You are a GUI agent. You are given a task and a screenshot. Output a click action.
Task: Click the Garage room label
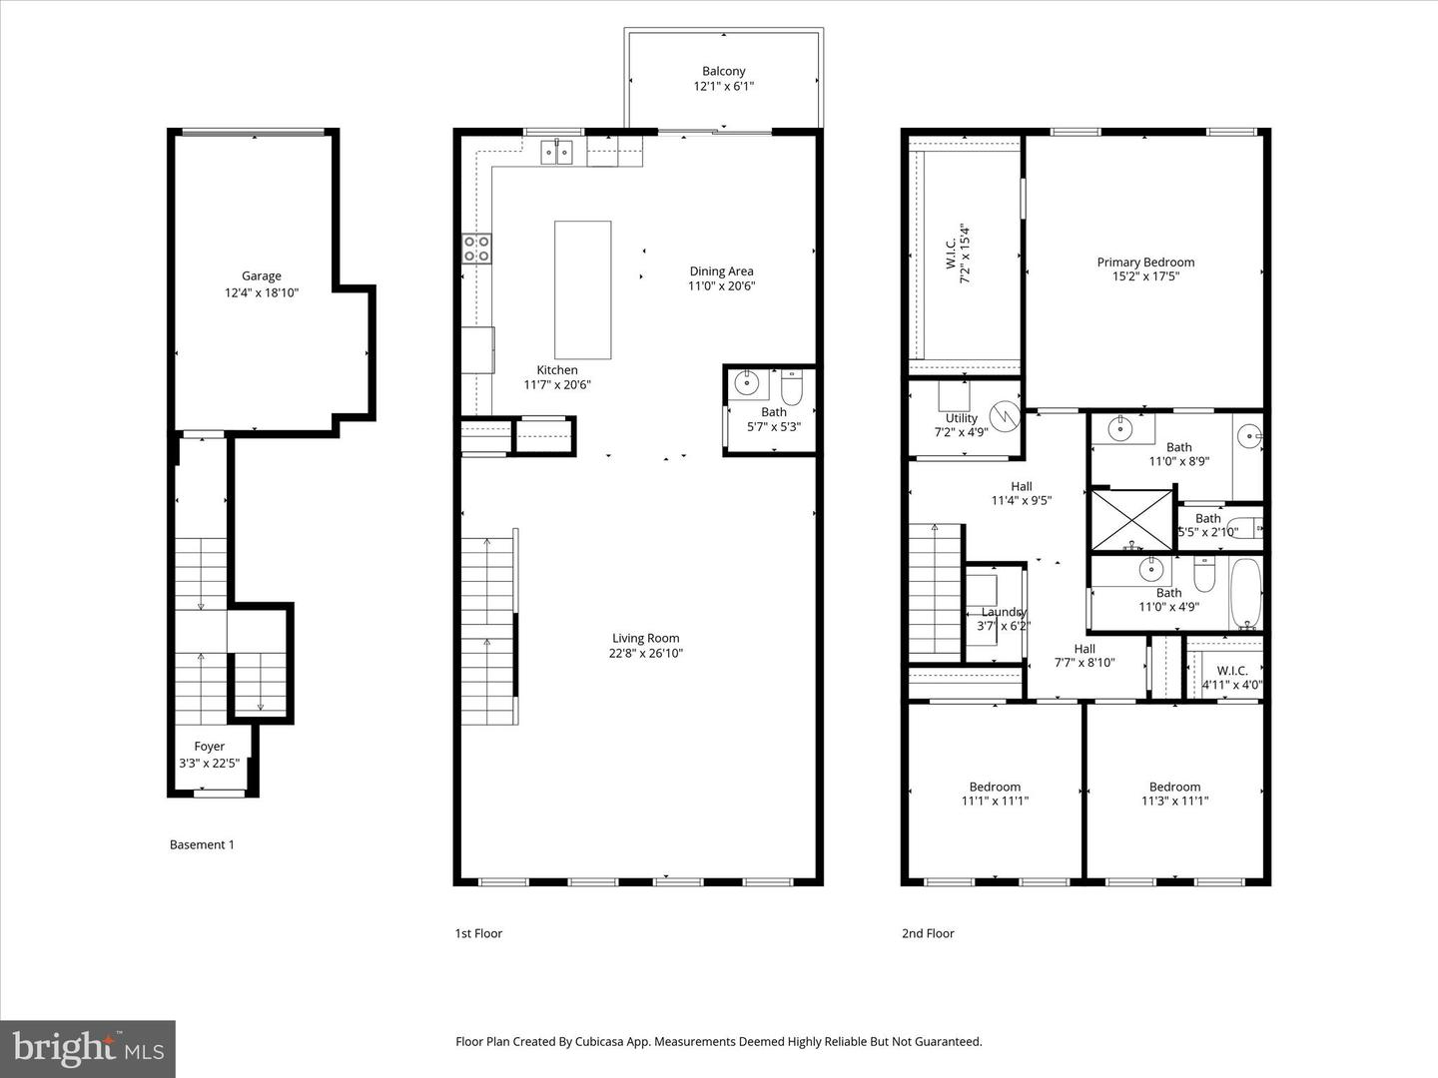pos(261,276)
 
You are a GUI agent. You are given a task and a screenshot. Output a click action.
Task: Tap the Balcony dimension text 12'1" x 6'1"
pos(723,87)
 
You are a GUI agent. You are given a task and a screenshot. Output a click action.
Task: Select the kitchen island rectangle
pos(582,289)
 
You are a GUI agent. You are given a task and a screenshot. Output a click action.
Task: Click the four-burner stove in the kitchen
pos(476,249)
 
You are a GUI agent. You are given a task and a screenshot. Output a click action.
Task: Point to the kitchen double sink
pos(556,152)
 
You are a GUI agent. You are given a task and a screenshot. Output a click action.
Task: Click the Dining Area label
pos(721,271)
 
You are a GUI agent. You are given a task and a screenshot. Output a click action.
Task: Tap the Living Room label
pos(645,639)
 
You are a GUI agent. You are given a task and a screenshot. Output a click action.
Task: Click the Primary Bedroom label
pos(1145,263)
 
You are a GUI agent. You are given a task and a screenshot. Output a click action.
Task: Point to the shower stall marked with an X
pos(1131,519)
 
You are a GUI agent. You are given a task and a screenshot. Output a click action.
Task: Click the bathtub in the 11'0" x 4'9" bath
pos(1245,594)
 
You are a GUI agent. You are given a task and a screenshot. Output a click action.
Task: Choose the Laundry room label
pos(1004,612)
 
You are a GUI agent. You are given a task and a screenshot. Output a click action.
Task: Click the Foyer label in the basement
pos(209,747)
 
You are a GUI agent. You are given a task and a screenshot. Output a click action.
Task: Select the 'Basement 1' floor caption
pos(202,844)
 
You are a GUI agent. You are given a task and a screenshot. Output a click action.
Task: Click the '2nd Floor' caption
pos(928,933)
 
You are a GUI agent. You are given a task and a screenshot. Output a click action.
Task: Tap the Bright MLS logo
pos(88,1048)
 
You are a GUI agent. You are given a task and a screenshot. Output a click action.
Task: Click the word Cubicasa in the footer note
pos(602,1041)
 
